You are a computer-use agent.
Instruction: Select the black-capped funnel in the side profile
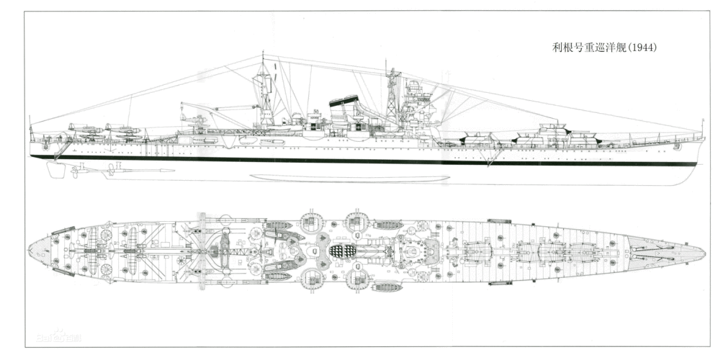point(344,103)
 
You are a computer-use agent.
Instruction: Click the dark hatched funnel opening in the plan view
point(344,252)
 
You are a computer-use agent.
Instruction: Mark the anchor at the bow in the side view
point(677,145)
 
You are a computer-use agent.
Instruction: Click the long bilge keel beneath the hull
point(349,178)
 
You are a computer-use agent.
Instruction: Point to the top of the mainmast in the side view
point(263,56)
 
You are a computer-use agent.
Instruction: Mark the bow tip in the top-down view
point(703,252)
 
